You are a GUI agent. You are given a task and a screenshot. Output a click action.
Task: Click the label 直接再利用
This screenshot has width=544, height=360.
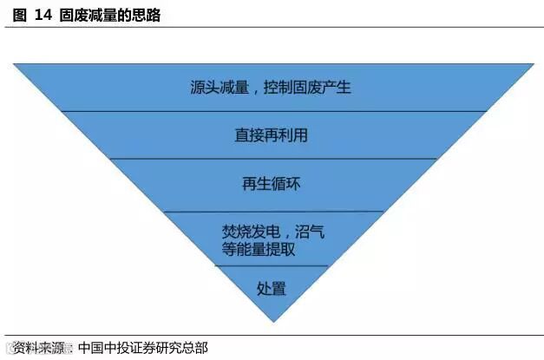click(x=272, y=135)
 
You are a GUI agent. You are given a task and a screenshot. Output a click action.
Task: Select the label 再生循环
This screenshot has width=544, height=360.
click(x=272, y=184)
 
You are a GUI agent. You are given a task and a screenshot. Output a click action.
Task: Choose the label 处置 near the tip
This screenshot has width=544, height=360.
click(x=272, y=288)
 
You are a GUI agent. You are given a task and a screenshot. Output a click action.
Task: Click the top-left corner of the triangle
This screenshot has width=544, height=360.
click(x=13, y=64)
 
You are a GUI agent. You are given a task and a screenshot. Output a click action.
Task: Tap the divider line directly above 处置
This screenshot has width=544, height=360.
click(x=272, y=265)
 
